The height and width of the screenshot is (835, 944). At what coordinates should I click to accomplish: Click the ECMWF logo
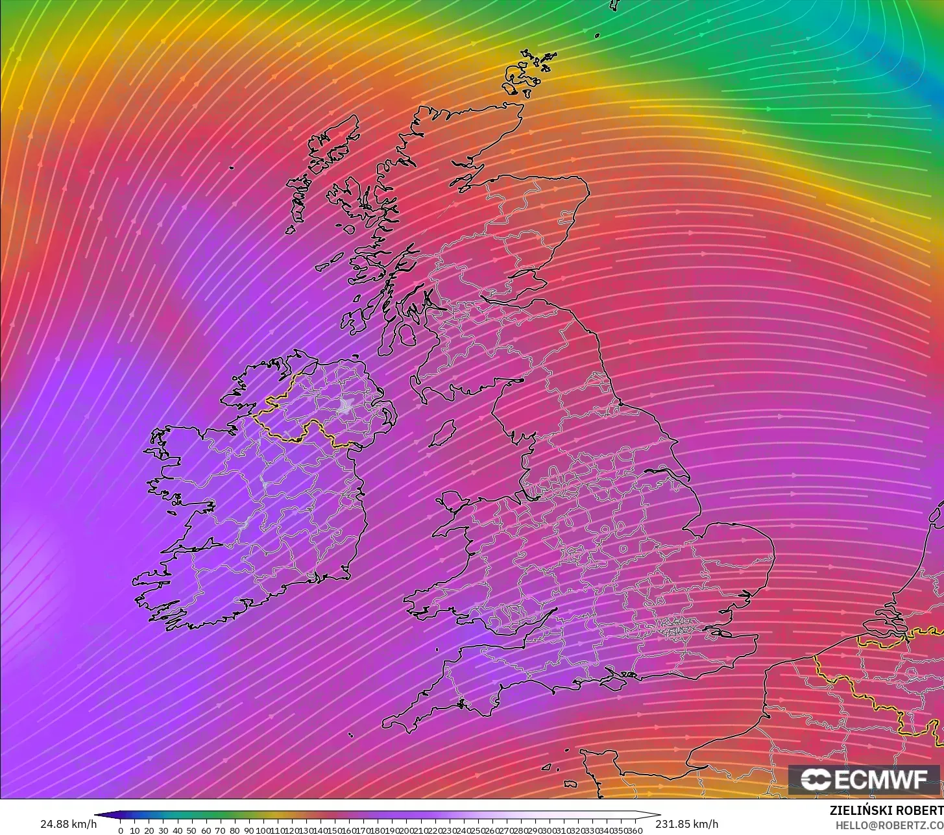point(864,780)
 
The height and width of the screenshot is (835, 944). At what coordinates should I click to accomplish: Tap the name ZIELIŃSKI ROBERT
point(886,810)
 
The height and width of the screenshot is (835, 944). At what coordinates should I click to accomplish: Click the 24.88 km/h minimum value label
point(68,824)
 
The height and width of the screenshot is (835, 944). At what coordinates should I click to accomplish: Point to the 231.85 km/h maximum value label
point(686,824)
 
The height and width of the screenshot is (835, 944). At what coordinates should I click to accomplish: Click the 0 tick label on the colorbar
point(121,830)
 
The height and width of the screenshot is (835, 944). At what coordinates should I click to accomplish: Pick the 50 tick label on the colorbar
point(191,830)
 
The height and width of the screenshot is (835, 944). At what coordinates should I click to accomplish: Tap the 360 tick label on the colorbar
point(635,830)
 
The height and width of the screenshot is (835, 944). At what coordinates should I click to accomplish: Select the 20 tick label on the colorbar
point(149,830)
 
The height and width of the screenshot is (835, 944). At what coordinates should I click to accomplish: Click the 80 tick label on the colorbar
point(234,830)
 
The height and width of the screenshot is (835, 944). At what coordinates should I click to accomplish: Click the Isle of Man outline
point(443,433)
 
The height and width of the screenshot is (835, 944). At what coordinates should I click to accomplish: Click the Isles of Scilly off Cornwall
point(350,735)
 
